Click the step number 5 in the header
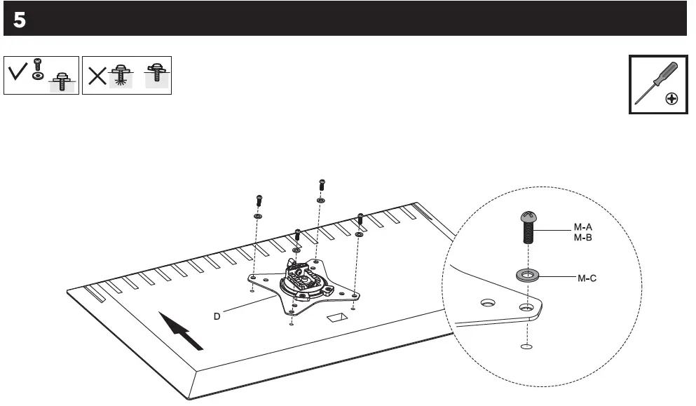pos(19,20)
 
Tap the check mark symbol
pos(19,71)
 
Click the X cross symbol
pos(97,76)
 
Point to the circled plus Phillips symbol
pos(671,99)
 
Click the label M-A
pos(584,227)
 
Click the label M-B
pos(584,237)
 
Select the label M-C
pos(587,278)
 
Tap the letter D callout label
pos(217,316)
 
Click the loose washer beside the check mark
pos(36,74)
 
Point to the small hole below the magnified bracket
pos(526,346)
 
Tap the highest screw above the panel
pos(322,184)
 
